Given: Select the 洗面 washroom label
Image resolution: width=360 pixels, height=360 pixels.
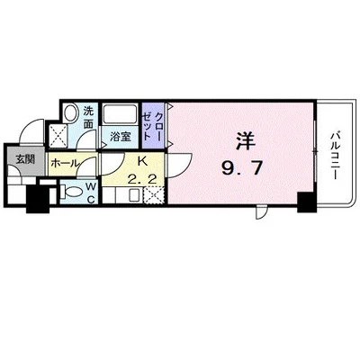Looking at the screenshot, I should pos(90,118).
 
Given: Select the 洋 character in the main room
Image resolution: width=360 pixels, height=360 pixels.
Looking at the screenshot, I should pos(244,141).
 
